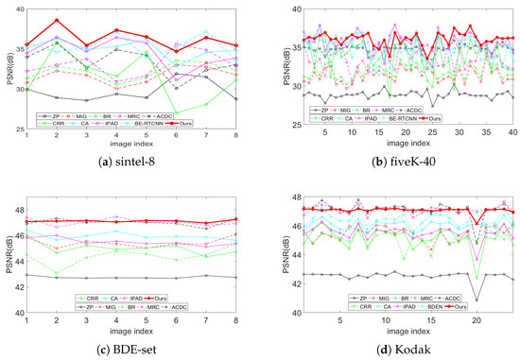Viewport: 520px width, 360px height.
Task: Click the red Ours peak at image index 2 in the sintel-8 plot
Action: pyautogui.click(x=57, y=20)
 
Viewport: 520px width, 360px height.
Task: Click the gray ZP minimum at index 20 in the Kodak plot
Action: pyautogui.click(x=477, y=300)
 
